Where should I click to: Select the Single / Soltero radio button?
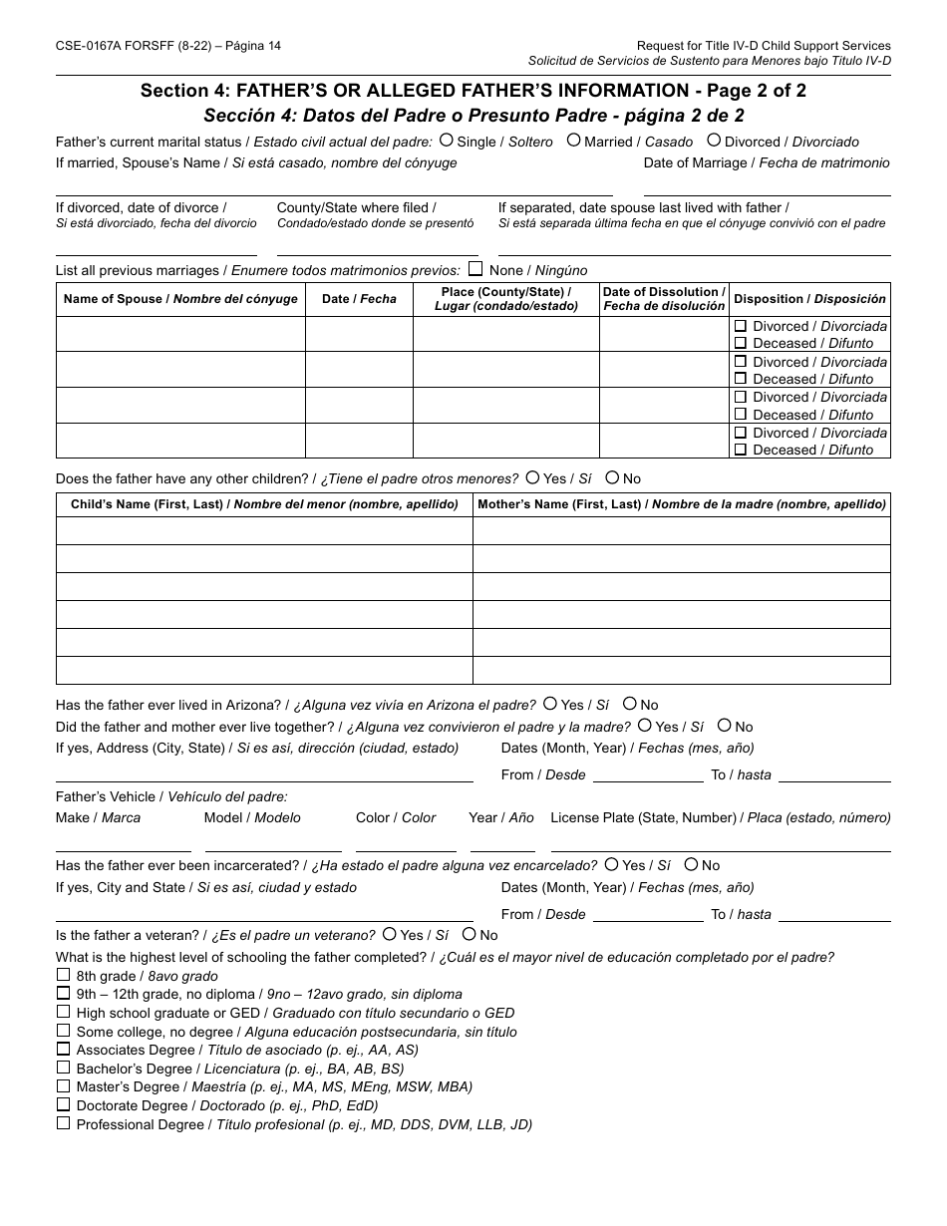(446, 141)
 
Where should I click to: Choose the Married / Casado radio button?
(573, 141)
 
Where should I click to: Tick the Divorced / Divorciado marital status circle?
(714, 141)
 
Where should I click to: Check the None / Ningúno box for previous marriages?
(475, 269)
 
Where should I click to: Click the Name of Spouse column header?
(180, 299)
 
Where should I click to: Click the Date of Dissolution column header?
(664, 299)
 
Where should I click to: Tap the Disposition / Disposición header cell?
(809, 299)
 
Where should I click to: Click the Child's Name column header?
(264, 504)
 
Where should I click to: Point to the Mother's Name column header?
(682, 504)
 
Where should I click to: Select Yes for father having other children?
(533, 477)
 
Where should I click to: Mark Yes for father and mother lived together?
(645, 726)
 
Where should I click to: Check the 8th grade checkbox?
(64, 975)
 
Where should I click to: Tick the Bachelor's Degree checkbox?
(64, 1068)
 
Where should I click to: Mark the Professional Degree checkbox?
(64, 1123)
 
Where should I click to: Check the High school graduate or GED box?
(64, 1012)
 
